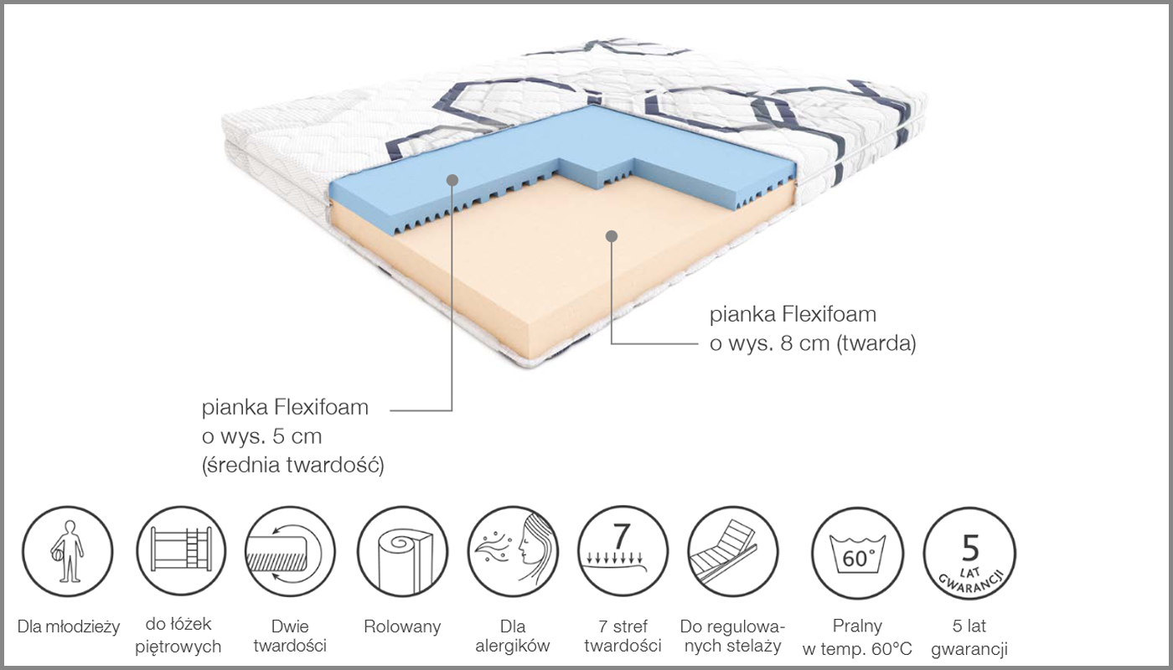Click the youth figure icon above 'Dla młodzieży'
click(x=68, y=551)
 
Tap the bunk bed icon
click(x=181, y=551)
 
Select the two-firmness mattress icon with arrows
click(x=290, y=551)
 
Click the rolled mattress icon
click(x=403, y=551)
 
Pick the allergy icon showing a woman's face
click(x=513, y=551)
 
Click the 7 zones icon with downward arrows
click(x=623, y=551)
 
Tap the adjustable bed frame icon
click(x=733, y=551)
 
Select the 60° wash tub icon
click(x=857, y=553)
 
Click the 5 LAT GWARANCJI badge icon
click(x=970, y=553)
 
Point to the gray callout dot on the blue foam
click(x=452, y=180)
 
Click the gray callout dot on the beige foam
click(x=611, y=236)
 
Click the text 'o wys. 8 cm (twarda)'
click(x=813, y=344)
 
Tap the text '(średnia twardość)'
click(x=292, y=465)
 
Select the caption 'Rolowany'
click(x=402, y=626)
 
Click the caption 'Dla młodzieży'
click(x=69, y=626)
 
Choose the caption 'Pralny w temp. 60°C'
click(x=857, y=637)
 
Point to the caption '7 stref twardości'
click(x=623, y=636)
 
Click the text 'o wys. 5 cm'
click(x=261, y=436)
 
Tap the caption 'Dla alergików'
click(x=513, y=636)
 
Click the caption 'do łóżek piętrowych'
click(x=178, y=636)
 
